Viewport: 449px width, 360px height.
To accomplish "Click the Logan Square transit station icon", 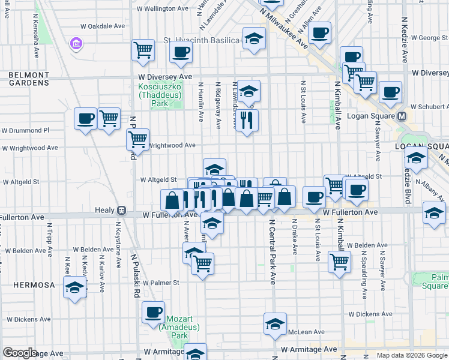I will coord(403,116).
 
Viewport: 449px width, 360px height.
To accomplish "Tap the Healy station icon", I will coord(121,211).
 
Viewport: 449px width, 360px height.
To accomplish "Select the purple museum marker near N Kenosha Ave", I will coord(76,43).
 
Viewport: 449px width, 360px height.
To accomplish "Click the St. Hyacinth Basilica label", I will coord(201,41).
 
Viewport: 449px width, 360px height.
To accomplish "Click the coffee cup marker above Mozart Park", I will coord(154,311).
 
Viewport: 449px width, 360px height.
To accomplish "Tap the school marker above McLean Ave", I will coord(275,324).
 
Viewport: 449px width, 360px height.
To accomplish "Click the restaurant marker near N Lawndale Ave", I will coord(246,120).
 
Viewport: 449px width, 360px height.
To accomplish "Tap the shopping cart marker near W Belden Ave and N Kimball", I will coord(340,261).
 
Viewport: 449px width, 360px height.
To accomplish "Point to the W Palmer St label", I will coord(160,283).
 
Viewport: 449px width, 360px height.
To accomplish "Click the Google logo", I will coord(20,353).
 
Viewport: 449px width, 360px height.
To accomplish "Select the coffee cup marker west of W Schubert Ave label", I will coord(390,92).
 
